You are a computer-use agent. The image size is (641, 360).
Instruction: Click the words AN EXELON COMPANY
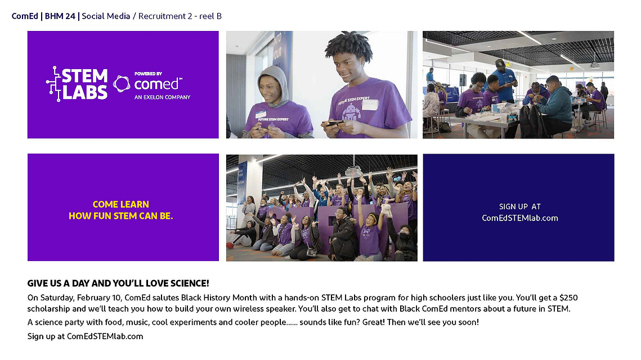pos(162,97)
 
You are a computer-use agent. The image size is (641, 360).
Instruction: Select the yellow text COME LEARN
pos(120,204)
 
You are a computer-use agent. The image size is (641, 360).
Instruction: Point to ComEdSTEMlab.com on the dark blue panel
pos(519,218)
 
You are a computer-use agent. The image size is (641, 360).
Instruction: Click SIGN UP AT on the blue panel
pos(519,207)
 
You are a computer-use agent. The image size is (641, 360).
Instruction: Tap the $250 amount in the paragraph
pos(568,298)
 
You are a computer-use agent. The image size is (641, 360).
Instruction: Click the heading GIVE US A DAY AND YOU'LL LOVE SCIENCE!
pos(118,283)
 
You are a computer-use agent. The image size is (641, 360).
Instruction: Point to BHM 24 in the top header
pos(60,16)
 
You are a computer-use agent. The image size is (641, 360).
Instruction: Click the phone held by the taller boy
pos(334,122)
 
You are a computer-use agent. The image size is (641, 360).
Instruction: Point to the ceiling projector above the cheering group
pos(353,172)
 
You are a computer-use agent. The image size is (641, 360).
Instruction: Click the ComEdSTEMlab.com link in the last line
pos(105,336)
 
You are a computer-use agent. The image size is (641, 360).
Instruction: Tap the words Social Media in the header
pos(106,16)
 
